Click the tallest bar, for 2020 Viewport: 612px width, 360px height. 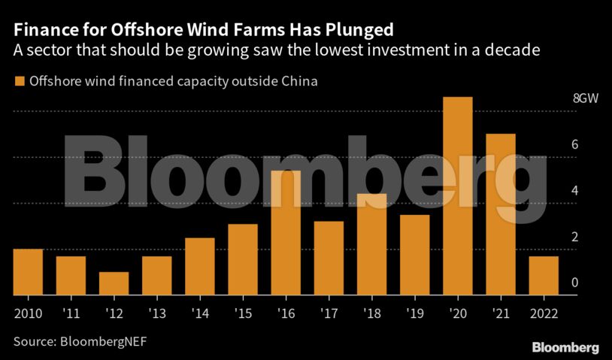click(458, 196)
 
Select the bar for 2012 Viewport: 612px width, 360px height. click(114, 283)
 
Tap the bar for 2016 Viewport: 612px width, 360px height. click(286, 233)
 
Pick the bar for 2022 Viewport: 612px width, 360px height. click(544, 276)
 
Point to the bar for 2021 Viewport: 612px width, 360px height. click(501, 214)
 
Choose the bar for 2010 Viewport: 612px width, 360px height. click(28, 272)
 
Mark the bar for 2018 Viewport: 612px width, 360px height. click(371, 244)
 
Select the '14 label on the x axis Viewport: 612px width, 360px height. click(200, 313)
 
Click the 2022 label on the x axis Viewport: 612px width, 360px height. click(544, 313)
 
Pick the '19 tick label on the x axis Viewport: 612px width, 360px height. click(415, 313)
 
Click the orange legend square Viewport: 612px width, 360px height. click(19, 81)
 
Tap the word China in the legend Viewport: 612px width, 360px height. click(298, 81)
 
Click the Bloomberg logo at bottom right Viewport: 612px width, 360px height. click(565, 347)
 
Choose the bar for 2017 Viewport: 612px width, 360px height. click(329, 258)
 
